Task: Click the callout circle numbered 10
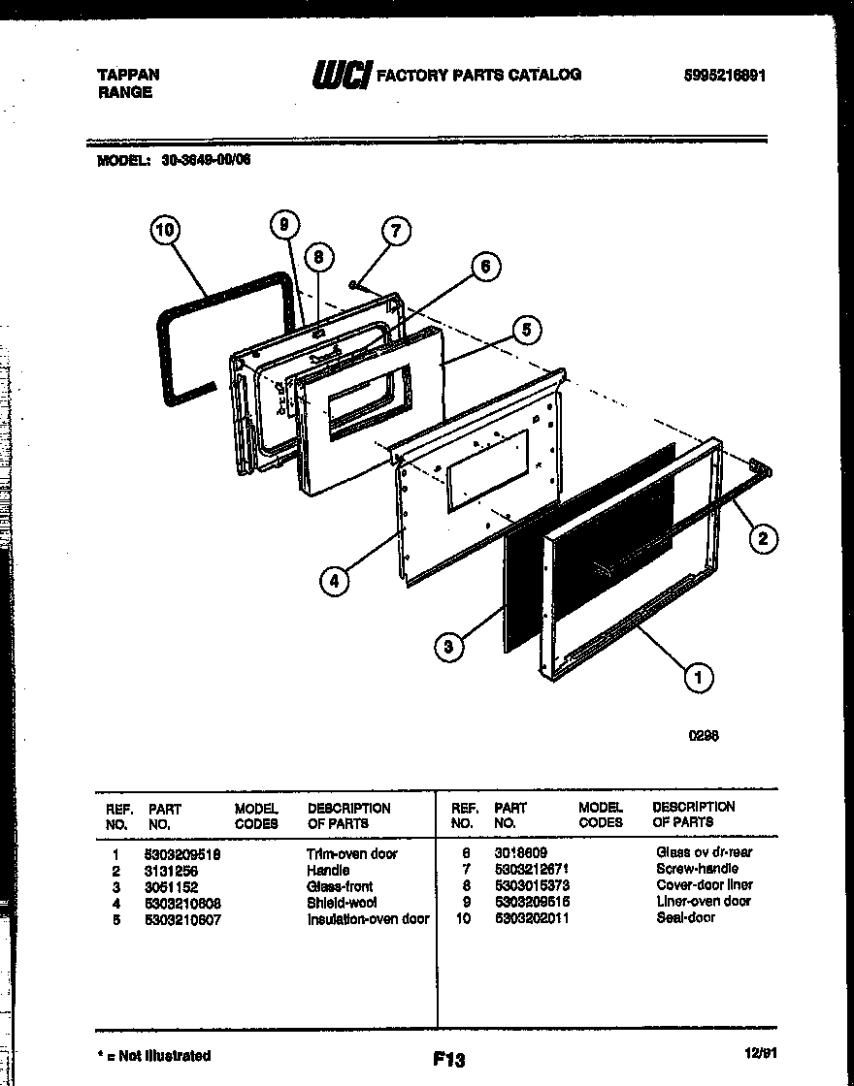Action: click(166, 230)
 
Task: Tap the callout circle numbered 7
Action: click(394, 231)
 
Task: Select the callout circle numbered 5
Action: click(525, 329)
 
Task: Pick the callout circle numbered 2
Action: click(763, 538)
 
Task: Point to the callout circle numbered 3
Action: click(447, 649)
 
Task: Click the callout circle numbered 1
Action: click(698, 676)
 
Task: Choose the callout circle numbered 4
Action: click(334, 581)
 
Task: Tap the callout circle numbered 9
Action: click(283, 226)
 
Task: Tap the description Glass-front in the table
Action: click(340, 886)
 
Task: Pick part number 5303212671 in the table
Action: click(532, 868)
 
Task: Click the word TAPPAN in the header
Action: click(129, 75)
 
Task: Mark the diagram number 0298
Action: click(704, 736)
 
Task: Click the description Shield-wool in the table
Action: click(342, 902)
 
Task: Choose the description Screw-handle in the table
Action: click(697, 868)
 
